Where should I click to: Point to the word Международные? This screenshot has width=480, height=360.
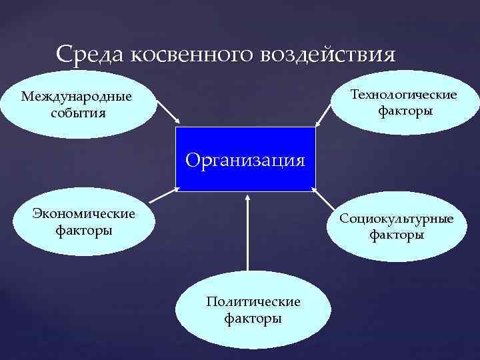pyautogui.click(x=76, y=97)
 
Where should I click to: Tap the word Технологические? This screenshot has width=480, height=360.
pyautogui.click(x=404, y=95)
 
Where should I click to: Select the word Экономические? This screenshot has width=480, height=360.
pyautogui.click(x=84, y=214)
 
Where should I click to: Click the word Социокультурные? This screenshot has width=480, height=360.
pyautogui.click(x=396, y=219)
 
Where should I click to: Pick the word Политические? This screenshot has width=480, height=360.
pyautogui.click(x=253, y=302)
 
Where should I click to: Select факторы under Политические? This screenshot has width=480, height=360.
pyautogui.click(x=253, y=318)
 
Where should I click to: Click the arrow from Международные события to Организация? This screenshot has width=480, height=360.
pyautogui.click(x=167, y=112)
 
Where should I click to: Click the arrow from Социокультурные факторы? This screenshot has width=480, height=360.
pyautogui.click(x=327, y=203)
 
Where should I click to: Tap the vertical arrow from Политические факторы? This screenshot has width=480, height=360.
pyautogui.click(x=247, y=233)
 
